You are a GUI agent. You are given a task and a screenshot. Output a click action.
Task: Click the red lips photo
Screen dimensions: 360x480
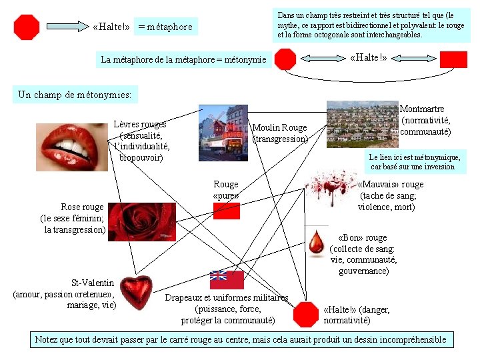pyautogui.click(x=73, y=146)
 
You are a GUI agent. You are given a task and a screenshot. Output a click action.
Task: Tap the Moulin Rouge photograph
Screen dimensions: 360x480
pyautogui.click(x=223, y=133)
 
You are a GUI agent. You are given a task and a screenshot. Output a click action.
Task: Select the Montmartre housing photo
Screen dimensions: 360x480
pyautogui.click(x=362, y=124)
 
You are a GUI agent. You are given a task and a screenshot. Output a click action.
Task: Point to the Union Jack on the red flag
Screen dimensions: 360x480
pyautogui.click(x=218, y=275)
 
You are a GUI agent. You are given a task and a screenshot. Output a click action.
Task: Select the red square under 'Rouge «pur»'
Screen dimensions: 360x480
pyautogui.click(x=227, y=211)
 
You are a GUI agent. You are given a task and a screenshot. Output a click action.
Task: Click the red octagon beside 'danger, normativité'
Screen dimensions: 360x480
pyautogui.click(x=306, y=314)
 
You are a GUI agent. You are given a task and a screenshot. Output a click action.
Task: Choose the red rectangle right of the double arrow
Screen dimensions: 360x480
pyautogui.click(x=453, y=59)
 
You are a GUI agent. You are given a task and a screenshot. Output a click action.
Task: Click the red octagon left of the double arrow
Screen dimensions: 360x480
pyautogui.click(x=286, y=59)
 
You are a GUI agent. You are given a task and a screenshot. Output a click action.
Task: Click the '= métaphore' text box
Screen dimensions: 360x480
pyautogui.click(x=165, y=27)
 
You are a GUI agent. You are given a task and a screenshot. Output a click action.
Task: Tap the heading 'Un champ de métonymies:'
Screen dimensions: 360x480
pyautogui.click(x=75, y=95)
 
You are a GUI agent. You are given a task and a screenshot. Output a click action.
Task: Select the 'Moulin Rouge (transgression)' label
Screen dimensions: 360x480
pyautogui.click(x=280, y=133)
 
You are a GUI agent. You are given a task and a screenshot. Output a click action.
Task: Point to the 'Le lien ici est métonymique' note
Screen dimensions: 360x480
pyautogui.click(x=415, y=161)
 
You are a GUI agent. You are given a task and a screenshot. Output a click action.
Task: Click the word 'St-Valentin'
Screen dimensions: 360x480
pyautogui.click(x=93, y=283)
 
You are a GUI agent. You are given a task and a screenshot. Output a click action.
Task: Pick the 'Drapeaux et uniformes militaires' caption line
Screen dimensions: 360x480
pyautogui.click(x=227, y=297)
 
